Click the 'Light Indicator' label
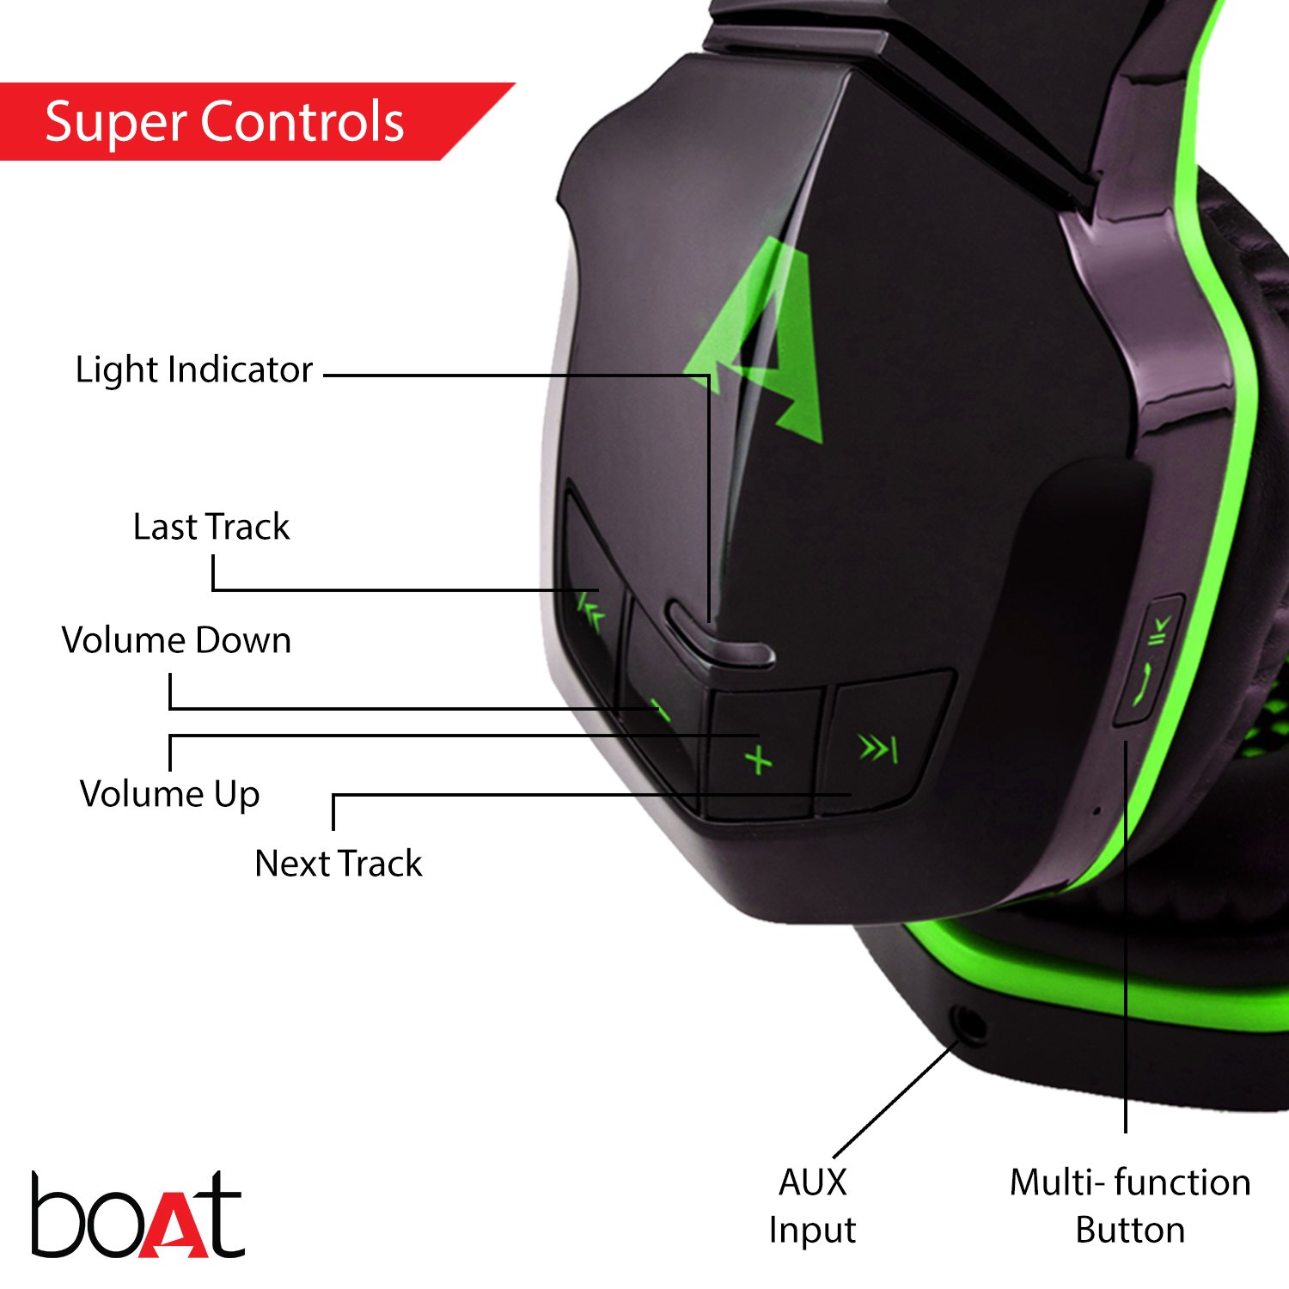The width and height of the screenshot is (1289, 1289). coord(194,370)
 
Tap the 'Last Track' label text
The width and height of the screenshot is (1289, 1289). coord(211,527)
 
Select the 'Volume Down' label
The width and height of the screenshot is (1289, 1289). coord(176,640)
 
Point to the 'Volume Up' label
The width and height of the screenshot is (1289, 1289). coord(169,794)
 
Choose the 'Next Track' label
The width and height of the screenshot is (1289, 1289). coord(339,864)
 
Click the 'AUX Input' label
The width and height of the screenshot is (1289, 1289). coord(812,1206)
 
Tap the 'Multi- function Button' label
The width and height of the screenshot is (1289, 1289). coord(1129,1206)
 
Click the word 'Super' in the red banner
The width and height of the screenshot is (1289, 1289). coord(116,121)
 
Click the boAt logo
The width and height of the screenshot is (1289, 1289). coord(137,1214)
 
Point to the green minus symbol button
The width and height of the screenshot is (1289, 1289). coord(660,712)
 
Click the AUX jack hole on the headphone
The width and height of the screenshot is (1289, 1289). coord(969,1025)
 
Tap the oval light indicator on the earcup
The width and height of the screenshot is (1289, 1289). coord(718,640)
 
